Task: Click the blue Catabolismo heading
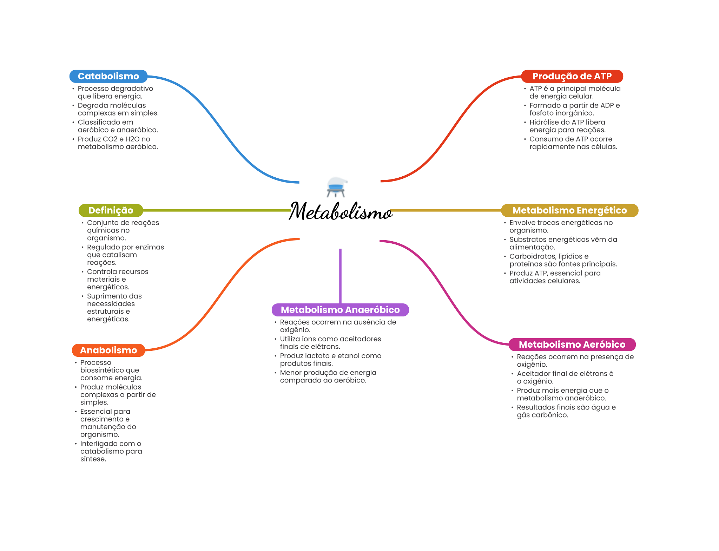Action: click(x=108, y=76)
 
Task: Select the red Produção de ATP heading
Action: click(x=572, y=76)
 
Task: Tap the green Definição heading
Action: click(x=111, y=210)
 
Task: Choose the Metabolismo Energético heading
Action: click(x=569, y=210)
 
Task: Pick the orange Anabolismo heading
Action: click(x=108, y=350)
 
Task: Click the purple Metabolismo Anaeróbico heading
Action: click(x=340, y=310)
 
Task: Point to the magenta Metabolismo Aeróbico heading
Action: click(x=572, y=345)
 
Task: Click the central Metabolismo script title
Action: click(x=340, y=211)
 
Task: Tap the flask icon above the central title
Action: click(x=336, y=187)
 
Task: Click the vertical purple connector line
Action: click(x=340, y=276)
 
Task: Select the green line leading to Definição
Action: click(x=217, y=210)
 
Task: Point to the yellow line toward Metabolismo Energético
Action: click(x=446, y=210)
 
